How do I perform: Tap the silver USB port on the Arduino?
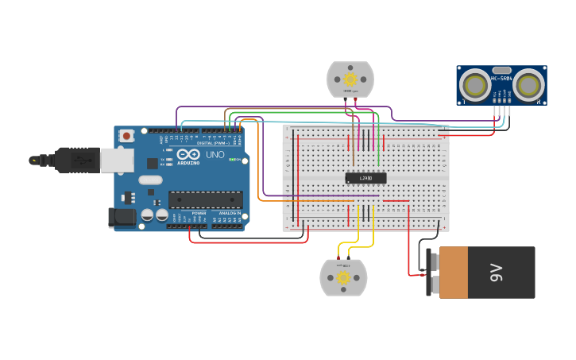click(x=116, y=160)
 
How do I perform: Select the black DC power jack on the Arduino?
click(x=121, y=215)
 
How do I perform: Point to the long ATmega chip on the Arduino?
click(x=205, y=199)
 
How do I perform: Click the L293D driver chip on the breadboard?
click(x=365, y=178)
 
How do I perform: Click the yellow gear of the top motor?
click(x=350, y=79)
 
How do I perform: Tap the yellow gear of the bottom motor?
click(x=343, y=277)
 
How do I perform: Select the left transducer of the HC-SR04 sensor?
click(x=476, y=85)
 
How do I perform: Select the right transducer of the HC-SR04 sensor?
click(x=528, y=85)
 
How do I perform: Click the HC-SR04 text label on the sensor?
click(x=501, y=78)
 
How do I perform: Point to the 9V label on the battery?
click(x=497, y=273)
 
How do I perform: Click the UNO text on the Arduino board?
click(x=215, y=154)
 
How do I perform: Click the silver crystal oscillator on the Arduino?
click(x=150, y=180)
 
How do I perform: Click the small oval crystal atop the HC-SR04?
click(x=501, y=70)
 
